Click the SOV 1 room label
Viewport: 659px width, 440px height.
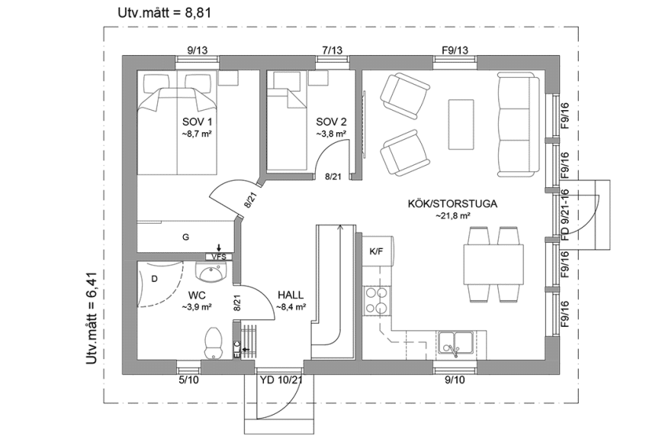pos(197,122)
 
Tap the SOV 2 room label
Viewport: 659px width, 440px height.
pos(331,122)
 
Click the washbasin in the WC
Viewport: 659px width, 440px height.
pos(208,272)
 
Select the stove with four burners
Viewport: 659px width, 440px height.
pos(375,300)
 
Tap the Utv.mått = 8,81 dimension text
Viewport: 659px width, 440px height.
pos(162,12)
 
